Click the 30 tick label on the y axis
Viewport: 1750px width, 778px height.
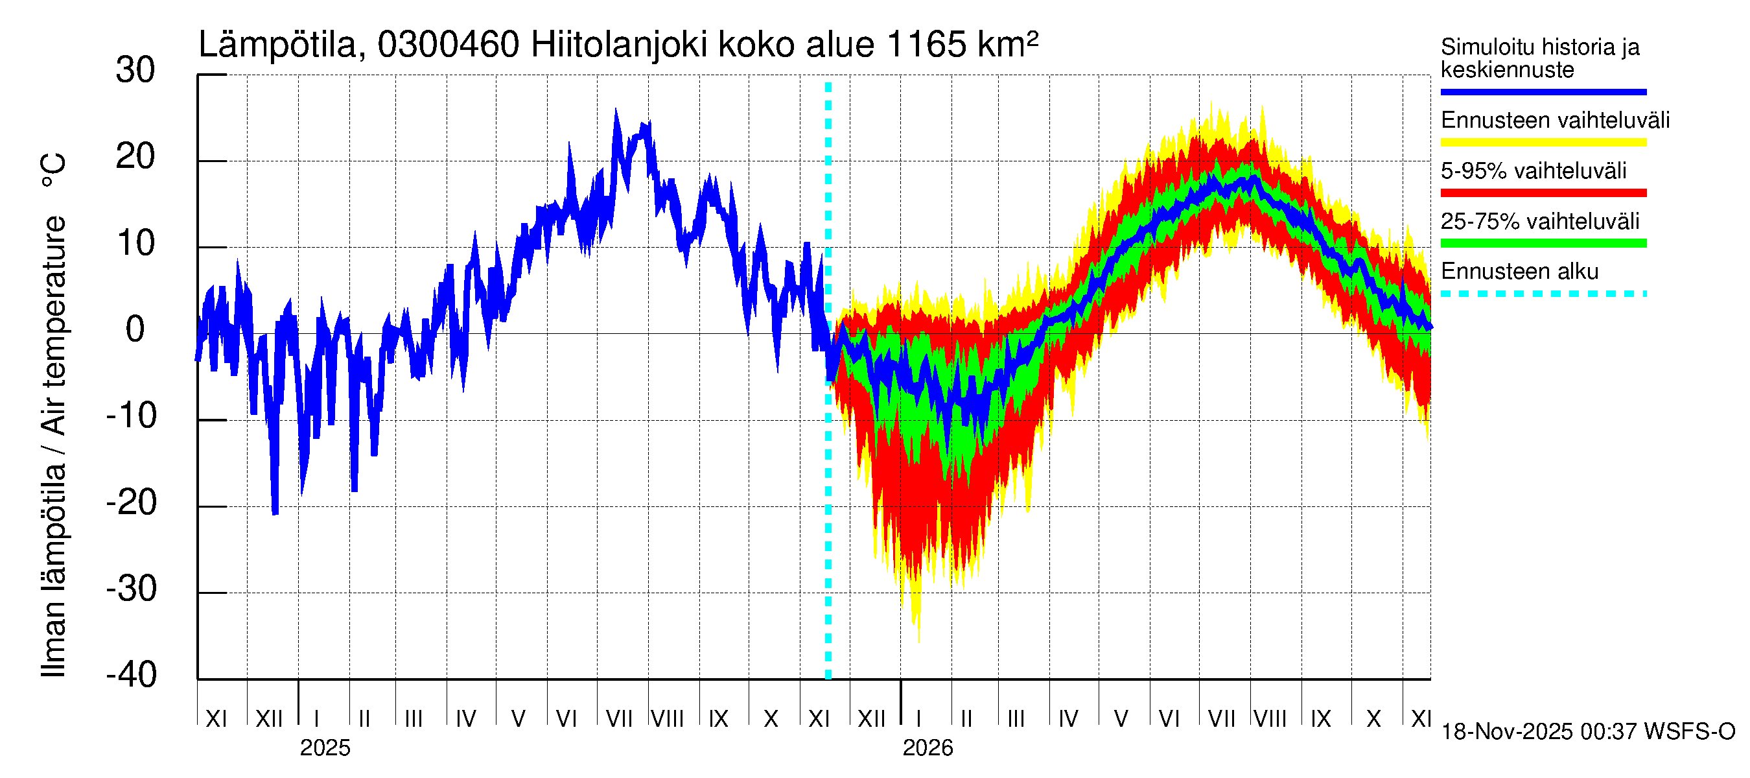[135, 70]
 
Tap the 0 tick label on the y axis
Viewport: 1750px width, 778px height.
[135, 329]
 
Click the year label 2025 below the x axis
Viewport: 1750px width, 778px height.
[325, 748]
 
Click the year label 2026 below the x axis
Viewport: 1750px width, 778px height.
[927, 748]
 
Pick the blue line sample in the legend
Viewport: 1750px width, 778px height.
[1543, 91]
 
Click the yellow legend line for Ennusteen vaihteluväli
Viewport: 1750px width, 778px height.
[1543, 143]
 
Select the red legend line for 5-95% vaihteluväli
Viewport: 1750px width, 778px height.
[1543, 193]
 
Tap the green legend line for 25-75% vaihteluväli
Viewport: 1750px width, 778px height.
[1543, 243]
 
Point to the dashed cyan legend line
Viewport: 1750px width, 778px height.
[1543, 294]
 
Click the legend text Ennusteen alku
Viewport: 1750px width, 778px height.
[1519, 272]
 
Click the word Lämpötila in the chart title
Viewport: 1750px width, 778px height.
[277, 45]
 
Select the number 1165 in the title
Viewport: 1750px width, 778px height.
[926, 45]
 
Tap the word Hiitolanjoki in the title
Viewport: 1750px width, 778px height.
[619, 45]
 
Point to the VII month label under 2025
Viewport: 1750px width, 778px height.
[619, 718]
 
